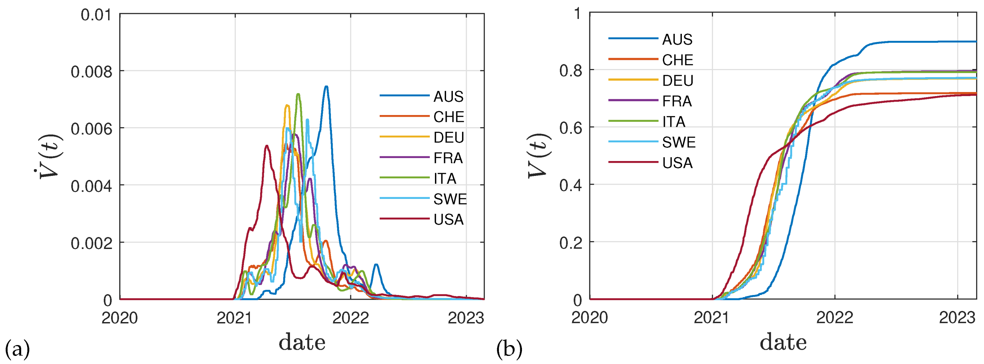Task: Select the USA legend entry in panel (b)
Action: click(677, 163)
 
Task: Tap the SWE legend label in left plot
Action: click(449, 199)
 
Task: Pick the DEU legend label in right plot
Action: click(677, 81)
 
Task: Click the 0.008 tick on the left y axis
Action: click(91, 72)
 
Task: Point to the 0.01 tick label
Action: click(96, 15)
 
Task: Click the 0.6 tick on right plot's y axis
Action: click(570, 128)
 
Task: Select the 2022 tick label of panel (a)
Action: click(350, 317)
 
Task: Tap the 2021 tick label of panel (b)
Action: click(712, 317)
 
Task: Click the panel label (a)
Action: click(17, 349)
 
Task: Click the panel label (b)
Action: click(509, 349)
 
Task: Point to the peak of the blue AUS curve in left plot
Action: click(326, 87)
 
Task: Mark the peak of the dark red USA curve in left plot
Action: click(267, 145)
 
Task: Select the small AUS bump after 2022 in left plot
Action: click(376, 265)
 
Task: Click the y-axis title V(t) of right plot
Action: click(539, 156)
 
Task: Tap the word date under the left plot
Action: click(302, 342)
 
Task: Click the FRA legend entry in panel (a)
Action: click(448, 158)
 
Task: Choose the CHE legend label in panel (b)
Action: click(677, 60)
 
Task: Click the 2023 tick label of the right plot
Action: click(957, 317)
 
